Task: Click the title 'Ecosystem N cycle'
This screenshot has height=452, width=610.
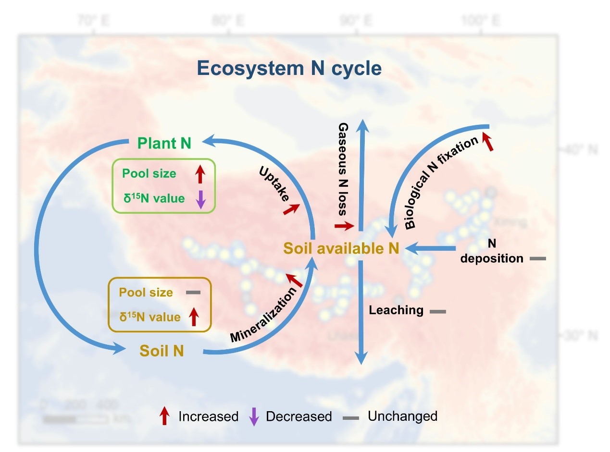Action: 289,68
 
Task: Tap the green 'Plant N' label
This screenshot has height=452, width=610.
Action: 164,143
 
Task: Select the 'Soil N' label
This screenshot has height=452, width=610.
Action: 162,351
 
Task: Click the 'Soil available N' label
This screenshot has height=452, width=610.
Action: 341,248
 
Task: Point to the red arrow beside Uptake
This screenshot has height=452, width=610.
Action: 291,208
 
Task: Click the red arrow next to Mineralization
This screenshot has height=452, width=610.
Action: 294,280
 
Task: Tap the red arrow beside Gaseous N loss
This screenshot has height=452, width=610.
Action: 344,226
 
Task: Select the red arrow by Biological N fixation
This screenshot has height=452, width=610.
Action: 488,143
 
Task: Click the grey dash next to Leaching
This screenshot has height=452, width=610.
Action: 437,312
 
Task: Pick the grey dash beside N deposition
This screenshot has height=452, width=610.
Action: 538,259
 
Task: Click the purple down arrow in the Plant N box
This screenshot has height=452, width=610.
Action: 201,199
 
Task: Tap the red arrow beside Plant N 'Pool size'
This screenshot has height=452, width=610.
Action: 200,174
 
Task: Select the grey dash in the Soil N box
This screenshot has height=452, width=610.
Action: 193,293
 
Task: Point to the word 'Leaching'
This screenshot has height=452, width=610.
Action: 396,310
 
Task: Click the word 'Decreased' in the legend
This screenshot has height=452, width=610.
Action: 299,416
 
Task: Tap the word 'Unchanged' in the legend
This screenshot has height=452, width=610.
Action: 402,416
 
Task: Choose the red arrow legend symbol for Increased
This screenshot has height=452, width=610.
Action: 164,416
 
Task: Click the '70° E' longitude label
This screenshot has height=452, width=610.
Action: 93,21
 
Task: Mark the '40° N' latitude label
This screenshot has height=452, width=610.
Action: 581,150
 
